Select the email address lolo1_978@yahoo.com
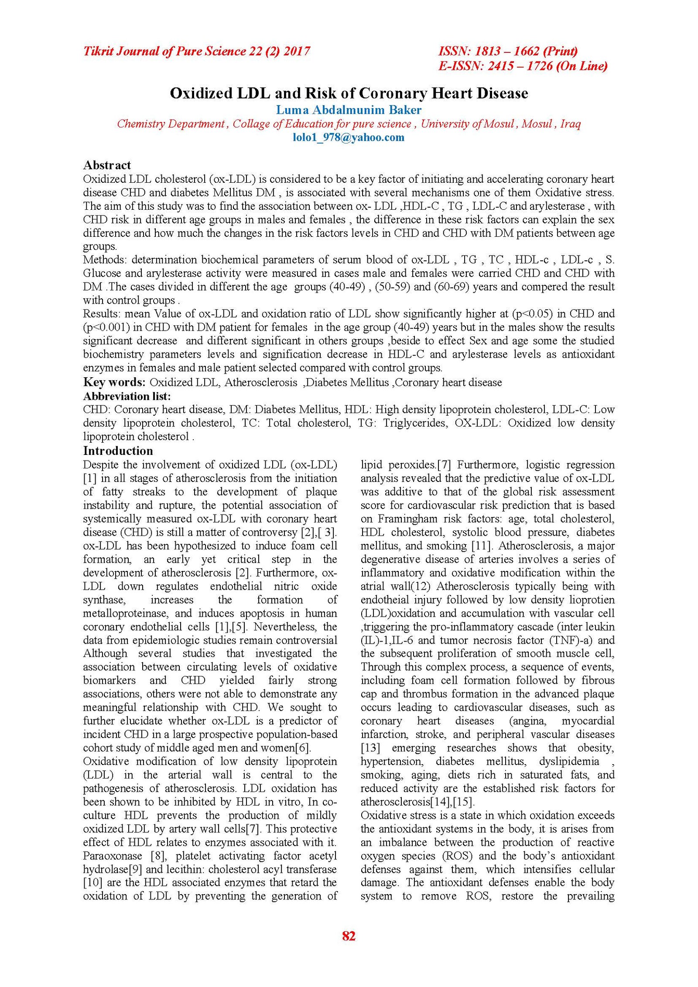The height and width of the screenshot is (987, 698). point(349,137)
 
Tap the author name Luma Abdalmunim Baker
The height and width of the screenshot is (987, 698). point(349,110)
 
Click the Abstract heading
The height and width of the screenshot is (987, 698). point(107,165)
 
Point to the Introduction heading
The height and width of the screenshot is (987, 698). point(118,451)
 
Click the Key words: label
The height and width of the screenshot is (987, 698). point(114,383)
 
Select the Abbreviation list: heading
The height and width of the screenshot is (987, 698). point(127,396)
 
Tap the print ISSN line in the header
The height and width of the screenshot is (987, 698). point(508,51)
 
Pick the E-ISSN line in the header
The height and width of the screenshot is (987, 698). point(523,66)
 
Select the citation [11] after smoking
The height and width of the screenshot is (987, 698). point(481,546)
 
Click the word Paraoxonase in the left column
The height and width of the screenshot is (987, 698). point(113,856)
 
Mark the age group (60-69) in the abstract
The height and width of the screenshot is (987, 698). point(451,287)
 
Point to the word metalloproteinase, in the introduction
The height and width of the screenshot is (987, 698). point(126,614)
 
